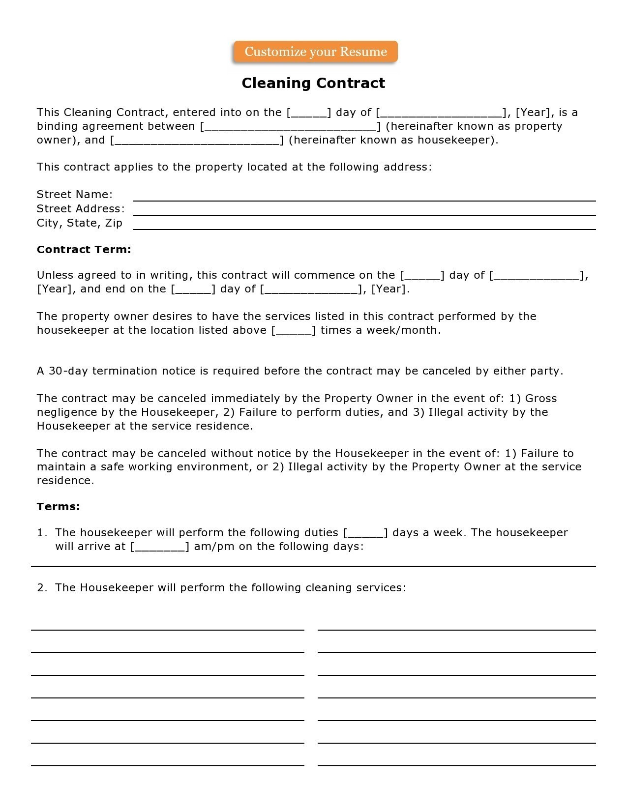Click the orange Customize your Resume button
[315, 52]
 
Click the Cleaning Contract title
[313, 83]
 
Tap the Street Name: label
[75, 195]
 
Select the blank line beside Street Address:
[364, 211]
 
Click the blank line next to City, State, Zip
[364, 226]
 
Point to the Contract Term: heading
[84, 250]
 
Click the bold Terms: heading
[59, 507]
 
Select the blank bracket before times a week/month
[294, 331]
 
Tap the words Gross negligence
[540, 399]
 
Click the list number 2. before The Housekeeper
[42, 588]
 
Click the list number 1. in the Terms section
[42, 533]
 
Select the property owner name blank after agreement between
[290, 127]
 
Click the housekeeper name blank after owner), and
[197, 141]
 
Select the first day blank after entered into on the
[309, 113]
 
